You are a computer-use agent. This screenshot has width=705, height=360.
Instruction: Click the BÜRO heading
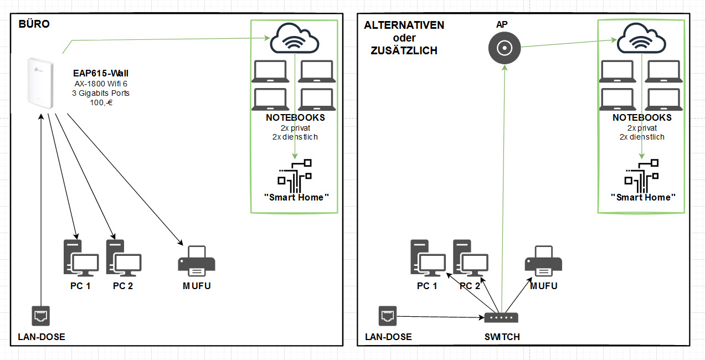[x=34, y=24]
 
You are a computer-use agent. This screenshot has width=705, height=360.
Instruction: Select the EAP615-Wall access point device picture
[x=40, y=81]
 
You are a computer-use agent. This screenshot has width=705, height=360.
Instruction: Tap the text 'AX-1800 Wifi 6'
[x=101, y=83]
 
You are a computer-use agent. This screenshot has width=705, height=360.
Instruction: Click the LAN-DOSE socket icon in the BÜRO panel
[x=41, y=315]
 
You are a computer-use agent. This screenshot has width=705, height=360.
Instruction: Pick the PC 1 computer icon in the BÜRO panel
[x=80, y=258]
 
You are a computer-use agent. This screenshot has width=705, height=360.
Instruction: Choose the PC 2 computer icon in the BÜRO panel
[x=123, y=258]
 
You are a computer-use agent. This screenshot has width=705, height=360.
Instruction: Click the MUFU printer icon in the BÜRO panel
[x=197, y=260]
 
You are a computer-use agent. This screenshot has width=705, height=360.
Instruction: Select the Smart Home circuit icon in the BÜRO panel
[x=294, y=173]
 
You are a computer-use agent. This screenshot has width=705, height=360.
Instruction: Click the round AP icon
[x=505, y=49]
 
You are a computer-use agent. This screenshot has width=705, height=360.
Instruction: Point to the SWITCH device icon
[x=501, y=318]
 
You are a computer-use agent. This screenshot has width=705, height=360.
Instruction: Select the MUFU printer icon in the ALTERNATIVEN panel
[x=543, y=261]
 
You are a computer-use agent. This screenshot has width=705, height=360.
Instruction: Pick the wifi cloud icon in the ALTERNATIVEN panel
[x=641, y=39]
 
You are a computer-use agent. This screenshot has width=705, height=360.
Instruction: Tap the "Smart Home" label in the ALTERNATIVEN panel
[x=643, y=197]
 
